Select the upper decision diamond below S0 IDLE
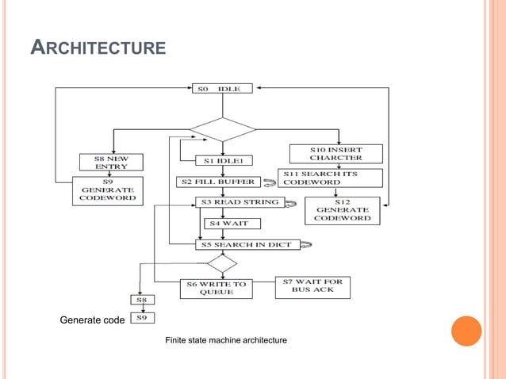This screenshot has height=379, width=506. [x=222, y=128]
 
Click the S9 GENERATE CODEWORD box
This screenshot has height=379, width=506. [x=108, y=191]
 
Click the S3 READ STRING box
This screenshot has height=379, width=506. [x=239, y=202]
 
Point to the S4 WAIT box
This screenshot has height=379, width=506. [x=228, y=224]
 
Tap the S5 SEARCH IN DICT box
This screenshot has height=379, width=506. [x=248, y=245]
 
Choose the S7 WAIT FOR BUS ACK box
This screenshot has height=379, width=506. [x=312, y=285]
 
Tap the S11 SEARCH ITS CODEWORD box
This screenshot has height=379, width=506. [x=330, y=178]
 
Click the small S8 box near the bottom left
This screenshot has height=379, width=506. [x=144, y=300]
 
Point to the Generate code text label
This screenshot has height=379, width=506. [x=92, y=320]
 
